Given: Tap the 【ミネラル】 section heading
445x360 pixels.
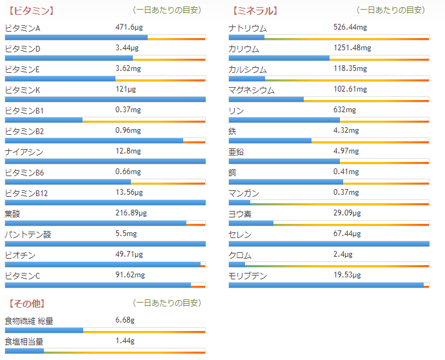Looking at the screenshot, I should (x=254, y=10).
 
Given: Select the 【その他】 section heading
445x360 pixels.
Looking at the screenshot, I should (x=26, y=303).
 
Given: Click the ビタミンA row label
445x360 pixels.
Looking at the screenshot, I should (x=23, y=28).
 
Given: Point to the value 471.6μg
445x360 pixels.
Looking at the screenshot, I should (x=129, y=28).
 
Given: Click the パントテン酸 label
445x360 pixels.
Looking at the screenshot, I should (x=28, y=234).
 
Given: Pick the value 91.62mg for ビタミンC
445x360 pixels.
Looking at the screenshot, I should (x=130, y=274).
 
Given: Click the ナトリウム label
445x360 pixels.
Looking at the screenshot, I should (x=248, y=28).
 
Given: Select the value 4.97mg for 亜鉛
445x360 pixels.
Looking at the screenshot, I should (x=346, y=151).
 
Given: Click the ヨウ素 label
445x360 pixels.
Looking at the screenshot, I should (x=240, y=214).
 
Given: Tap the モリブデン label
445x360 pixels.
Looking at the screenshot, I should (x=248, y=275).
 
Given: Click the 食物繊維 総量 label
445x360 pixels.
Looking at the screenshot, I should (x=29, y=321).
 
